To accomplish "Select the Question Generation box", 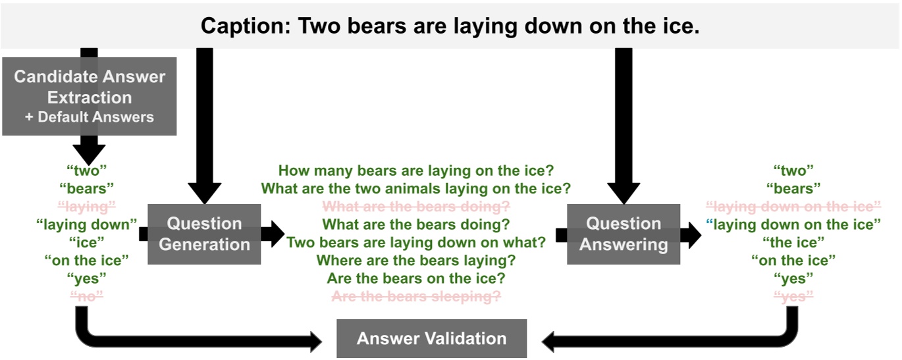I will (x=204, y=234).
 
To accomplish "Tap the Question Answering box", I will (x=623, y=234).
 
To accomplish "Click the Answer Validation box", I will (x=431, y=339).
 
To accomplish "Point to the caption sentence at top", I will (x=450, y=26).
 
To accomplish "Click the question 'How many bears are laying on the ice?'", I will (x=415, y=171).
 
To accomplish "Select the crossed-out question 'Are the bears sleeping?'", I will (x=415, y=296).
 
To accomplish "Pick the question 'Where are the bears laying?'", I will (x=415, y=260).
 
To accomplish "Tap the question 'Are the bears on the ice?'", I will (x=415, y=278).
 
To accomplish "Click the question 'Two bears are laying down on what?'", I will (x=415, y=242).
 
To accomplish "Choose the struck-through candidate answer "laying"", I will (x=87, y=207).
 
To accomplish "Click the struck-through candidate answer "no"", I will (x=87, y=296).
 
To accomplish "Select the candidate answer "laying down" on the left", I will (x=87, y=224).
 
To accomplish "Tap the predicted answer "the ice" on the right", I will (x=793, y=242).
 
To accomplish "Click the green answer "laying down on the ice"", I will (x=797, y=224).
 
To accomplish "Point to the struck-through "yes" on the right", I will (x=793, y=296).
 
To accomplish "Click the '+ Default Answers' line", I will (x=90, y=118).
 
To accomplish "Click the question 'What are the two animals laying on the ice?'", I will (x=415, y=189).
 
